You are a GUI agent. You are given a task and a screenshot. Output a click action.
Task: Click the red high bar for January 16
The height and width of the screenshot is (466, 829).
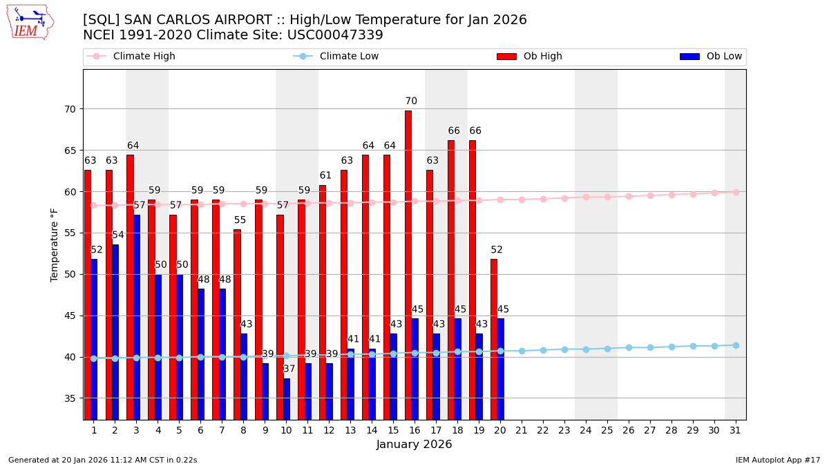408,265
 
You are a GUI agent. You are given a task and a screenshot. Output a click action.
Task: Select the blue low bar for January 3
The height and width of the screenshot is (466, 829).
137,317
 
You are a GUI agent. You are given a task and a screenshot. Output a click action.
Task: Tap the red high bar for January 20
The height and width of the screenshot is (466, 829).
494,339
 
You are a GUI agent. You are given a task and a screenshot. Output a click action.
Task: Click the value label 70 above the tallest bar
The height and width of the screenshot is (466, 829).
411,101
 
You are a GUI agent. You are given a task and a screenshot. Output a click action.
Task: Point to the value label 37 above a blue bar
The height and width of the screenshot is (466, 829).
289,369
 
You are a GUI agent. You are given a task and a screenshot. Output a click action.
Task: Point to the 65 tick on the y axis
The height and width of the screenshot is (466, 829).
70,151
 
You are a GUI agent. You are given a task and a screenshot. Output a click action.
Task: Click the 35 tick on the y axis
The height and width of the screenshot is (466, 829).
70,398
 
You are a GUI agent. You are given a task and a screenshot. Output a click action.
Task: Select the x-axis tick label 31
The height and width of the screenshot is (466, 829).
735,430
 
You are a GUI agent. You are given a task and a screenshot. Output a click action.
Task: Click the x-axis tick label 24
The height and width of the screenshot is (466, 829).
586,430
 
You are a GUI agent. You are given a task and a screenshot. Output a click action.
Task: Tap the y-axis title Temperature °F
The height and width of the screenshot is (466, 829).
55,244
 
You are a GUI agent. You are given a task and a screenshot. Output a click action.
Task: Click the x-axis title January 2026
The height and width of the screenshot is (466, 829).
414,445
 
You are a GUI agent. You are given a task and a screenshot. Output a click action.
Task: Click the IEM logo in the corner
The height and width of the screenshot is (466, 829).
30,22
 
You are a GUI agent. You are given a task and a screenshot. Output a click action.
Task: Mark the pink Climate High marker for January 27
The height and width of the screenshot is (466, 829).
650,195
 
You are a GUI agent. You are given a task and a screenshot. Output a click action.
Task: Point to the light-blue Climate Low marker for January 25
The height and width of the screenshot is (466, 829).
607,349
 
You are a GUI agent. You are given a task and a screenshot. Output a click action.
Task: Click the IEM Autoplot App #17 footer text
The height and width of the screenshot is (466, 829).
778,460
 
